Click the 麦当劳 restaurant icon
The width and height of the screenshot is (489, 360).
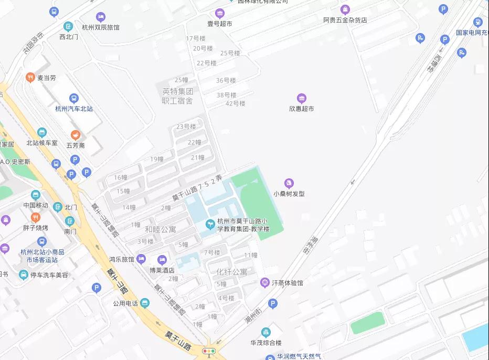[30, 77]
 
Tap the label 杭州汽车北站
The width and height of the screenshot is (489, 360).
[74, 109]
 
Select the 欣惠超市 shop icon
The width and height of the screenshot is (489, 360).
[301, 98]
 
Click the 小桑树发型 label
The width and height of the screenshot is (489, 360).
[289, 193]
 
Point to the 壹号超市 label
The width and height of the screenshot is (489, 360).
[219, 24]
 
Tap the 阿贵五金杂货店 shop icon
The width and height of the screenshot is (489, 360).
[345, 9]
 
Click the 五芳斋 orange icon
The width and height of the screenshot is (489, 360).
[75, 135]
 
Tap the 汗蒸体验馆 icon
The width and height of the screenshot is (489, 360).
[265, 283]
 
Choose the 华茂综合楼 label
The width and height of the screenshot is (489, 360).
[265, 343]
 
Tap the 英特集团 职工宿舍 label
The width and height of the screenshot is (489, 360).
[177, 96]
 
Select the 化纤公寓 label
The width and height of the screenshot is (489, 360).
[231, 272]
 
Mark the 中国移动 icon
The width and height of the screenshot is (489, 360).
[35, 195]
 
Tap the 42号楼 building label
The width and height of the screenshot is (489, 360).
[235, 103]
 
